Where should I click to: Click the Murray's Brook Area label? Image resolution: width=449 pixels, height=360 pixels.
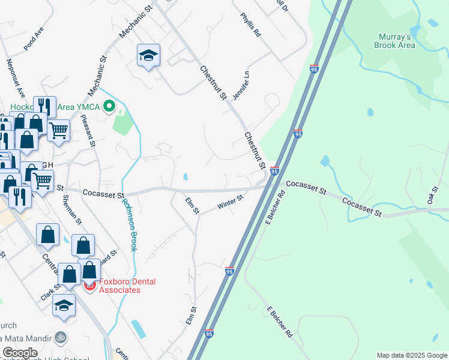[394, 41]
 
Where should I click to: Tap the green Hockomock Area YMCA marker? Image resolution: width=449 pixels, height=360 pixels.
[109, 107]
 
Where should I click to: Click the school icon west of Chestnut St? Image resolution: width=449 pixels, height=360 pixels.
[148, 56]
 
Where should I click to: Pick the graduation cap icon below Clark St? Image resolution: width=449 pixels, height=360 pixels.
[64, 305]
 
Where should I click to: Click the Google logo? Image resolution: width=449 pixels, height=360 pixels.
[20, 353]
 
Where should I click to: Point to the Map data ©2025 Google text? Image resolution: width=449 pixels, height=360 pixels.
[411, 355]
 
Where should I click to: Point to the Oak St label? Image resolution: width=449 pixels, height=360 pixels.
[432, 196]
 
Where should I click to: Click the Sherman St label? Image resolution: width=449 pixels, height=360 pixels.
[71, 212]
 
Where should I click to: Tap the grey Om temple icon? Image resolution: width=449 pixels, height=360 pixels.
[59, 337]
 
